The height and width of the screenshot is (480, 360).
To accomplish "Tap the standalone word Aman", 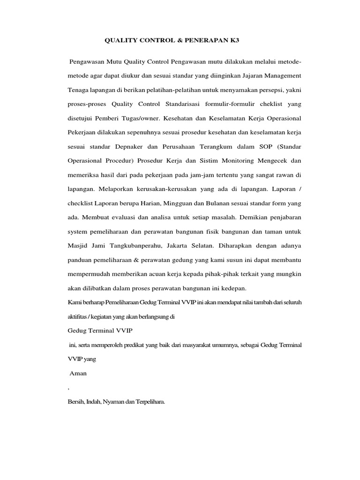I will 78,375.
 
